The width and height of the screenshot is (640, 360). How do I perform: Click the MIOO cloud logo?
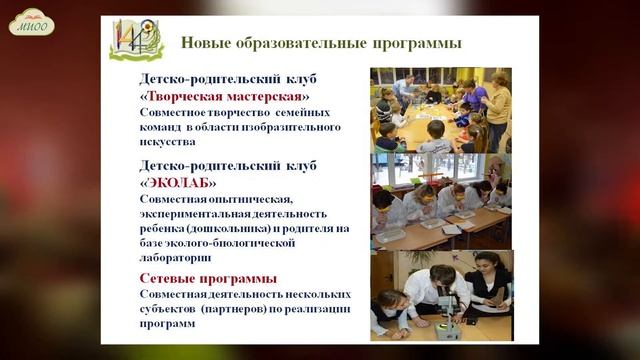point(31,23)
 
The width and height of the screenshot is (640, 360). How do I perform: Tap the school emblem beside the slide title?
point(136,40)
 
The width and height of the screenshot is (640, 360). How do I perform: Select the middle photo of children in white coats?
point(440,200)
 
